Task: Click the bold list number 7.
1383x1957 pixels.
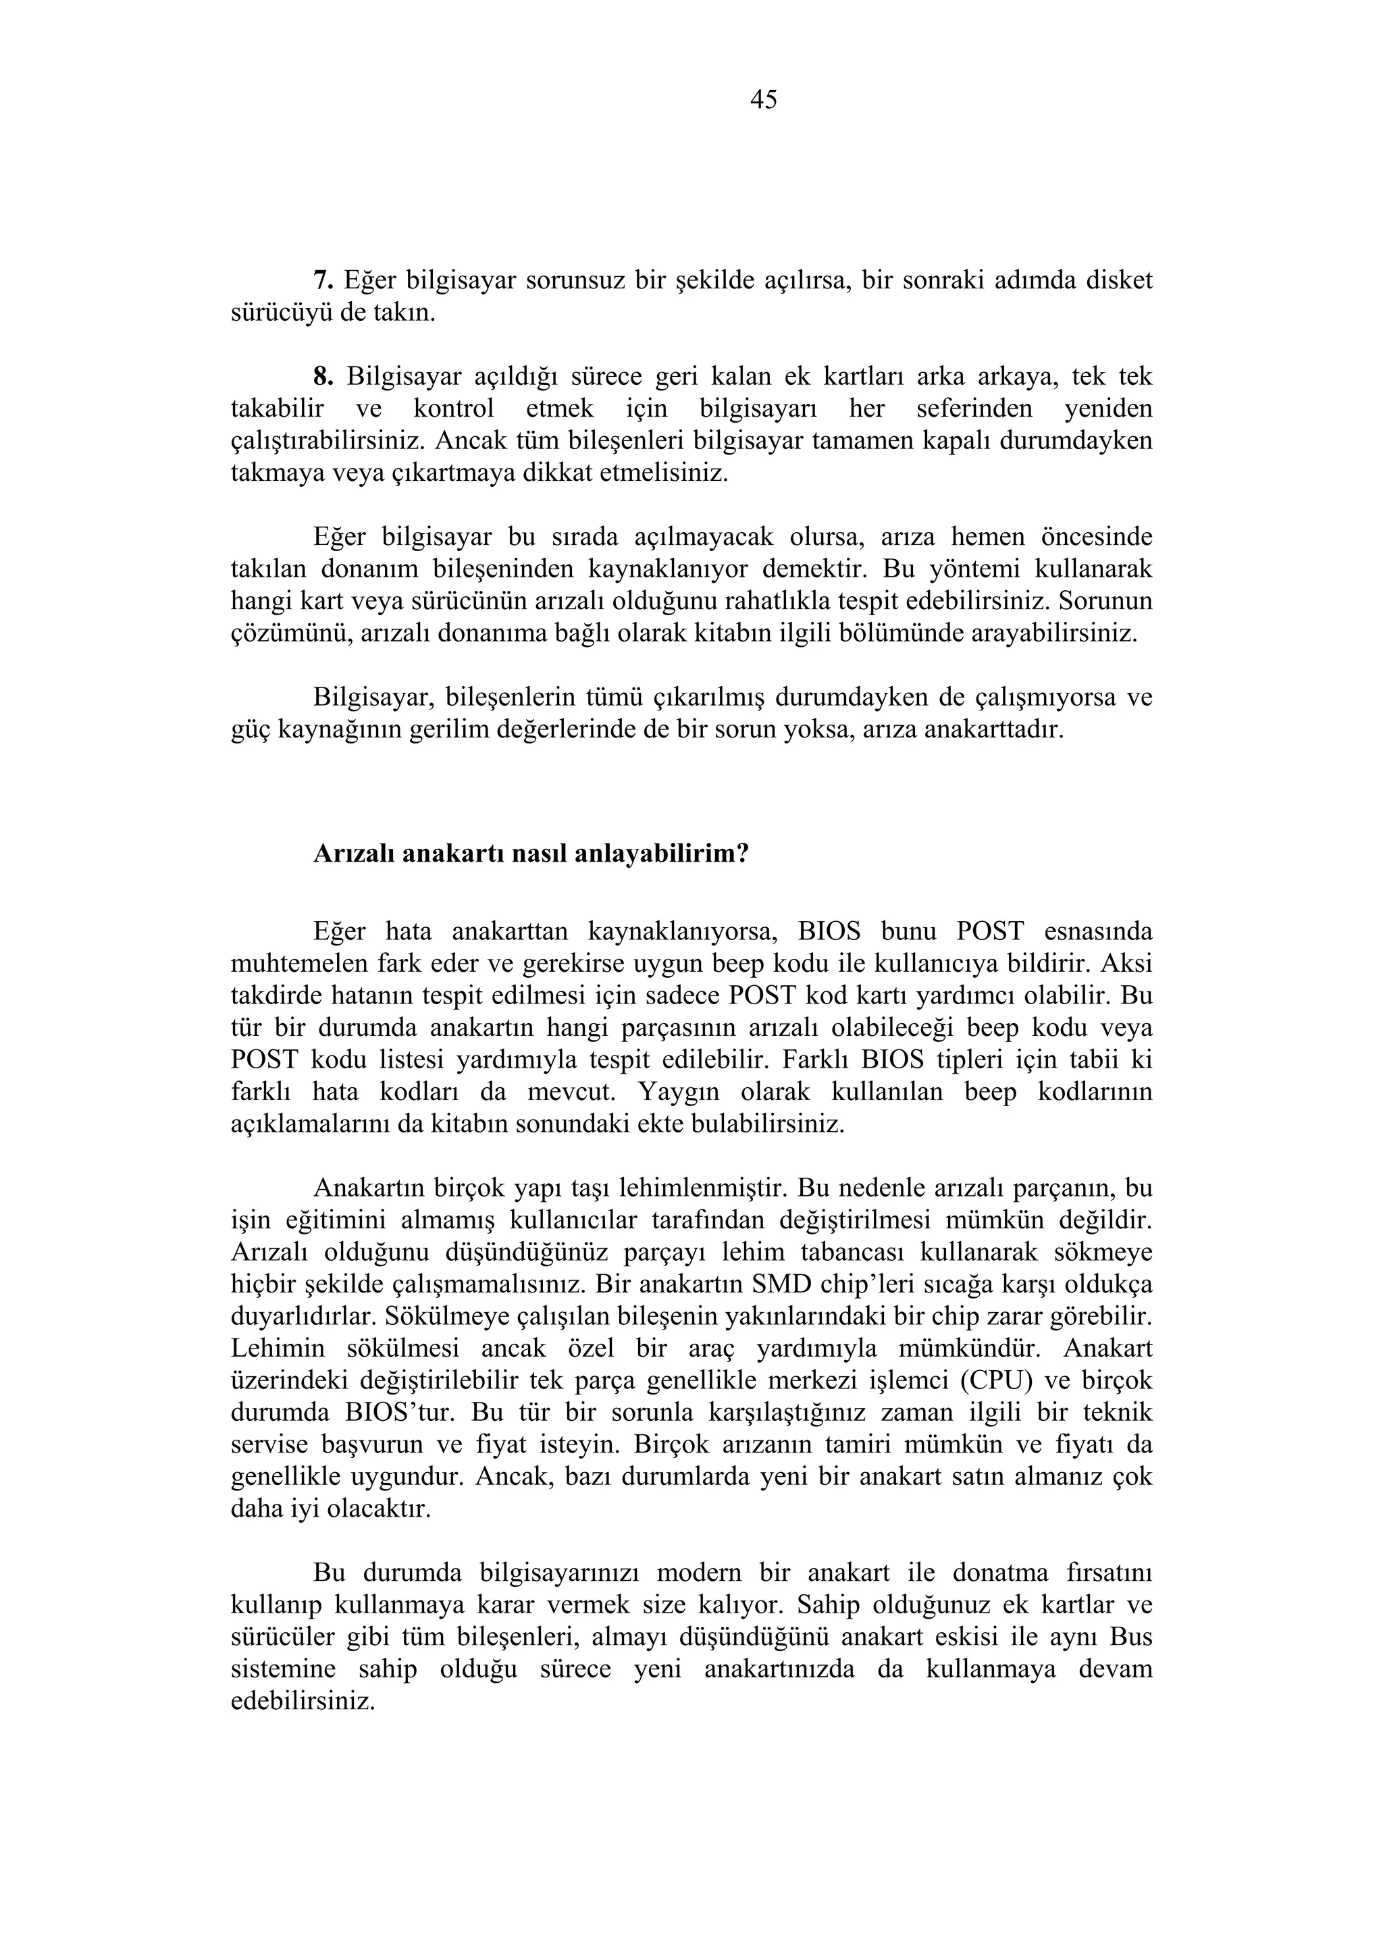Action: (321, 280)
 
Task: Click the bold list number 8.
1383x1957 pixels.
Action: (321, 376)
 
